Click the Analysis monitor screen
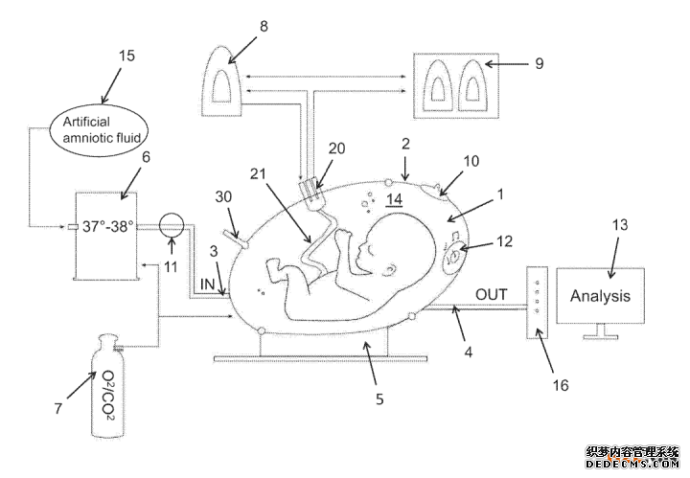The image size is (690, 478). tap(600, 295)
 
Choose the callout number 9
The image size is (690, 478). tap(539, 64)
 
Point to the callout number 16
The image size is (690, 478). tap(561, 385)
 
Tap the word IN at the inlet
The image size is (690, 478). tap(205, 285)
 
